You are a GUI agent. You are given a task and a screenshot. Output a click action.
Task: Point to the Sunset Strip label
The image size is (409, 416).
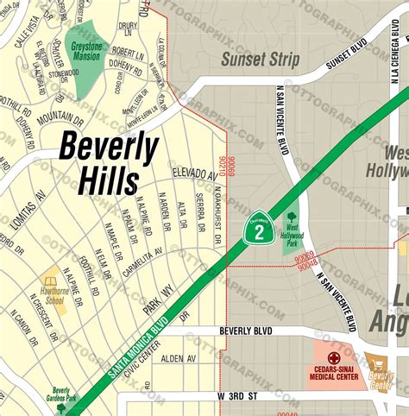[260, 60]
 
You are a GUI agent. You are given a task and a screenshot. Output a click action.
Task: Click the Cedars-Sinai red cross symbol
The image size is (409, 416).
[334, 356]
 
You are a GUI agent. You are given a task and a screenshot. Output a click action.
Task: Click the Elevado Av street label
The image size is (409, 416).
[193, 174]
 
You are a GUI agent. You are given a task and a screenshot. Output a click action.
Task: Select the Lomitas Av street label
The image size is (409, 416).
[28, 203]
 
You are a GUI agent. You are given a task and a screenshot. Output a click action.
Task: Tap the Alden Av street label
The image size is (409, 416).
[179, 358]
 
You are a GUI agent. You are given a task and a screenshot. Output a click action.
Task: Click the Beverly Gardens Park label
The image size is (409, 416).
[60, 394]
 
